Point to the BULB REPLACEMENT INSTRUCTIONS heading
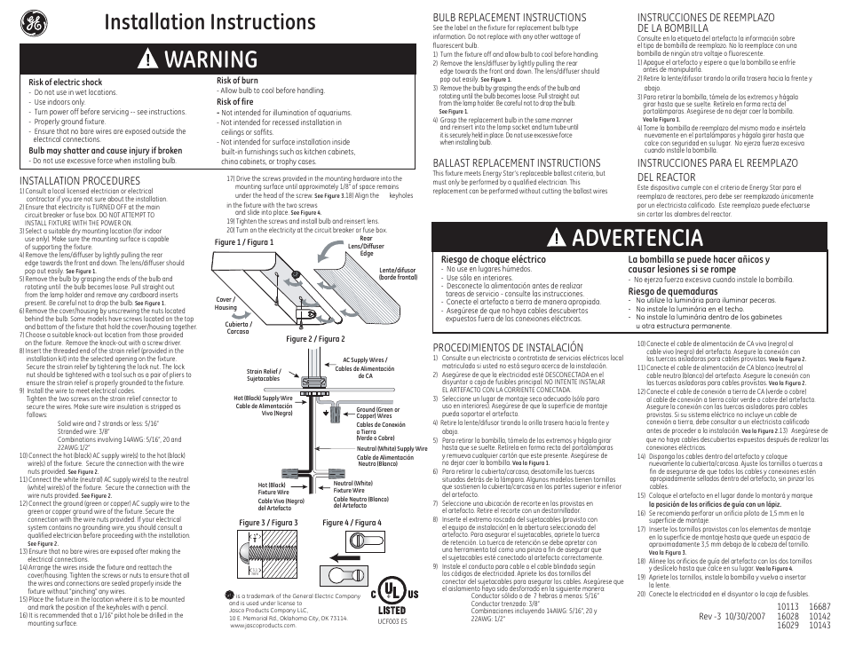tap(509, 18)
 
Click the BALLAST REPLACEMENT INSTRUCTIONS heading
tap(516, 163)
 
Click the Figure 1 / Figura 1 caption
tap(244, 241)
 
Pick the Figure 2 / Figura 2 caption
tap(315, 338)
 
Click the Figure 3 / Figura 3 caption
tap(268, 523)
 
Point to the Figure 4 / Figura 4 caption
tap(352, 523)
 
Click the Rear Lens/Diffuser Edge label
tap(366, 247)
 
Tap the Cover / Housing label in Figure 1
tap(226, 304)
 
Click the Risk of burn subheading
tap(237, 81)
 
